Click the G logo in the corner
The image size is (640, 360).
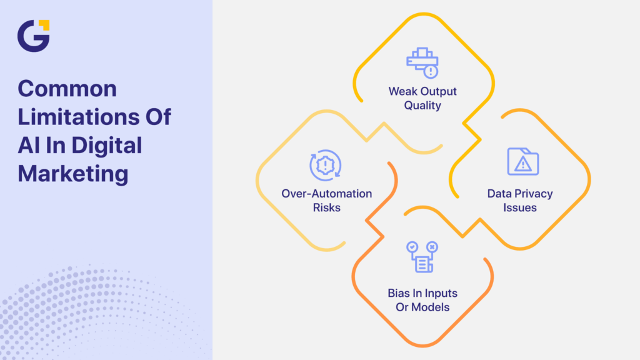coord(33,36)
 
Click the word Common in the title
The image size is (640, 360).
coord(67,89)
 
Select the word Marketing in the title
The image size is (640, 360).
coord(72,173)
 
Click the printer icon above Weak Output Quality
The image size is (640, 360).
coord(422,62)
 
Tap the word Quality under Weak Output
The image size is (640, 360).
coord(422,106)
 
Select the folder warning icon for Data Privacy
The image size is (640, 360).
coord(523,161)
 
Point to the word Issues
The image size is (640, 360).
coord(520,207)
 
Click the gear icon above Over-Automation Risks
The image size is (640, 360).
coord(326,166)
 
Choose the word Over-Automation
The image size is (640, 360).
coord(326,193)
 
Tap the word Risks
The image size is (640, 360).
coord(326,207)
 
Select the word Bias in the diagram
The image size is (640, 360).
coord(399,293)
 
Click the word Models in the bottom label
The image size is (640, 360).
coord(432,307)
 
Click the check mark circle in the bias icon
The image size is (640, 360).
coord(411,247)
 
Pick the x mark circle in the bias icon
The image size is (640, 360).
coord(432,247)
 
